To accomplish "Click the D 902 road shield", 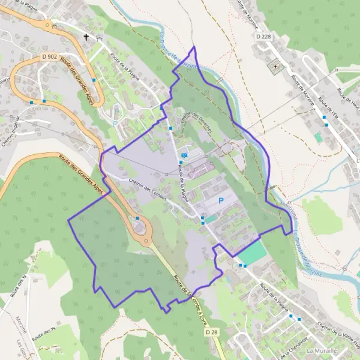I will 50,56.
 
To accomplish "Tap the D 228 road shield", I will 263,37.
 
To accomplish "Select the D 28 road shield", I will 210,332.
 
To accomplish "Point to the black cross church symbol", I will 86,37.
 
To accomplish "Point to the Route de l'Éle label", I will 328,108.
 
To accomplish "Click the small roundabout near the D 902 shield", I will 46,25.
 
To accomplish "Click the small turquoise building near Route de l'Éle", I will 318,137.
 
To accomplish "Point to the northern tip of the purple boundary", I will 194,46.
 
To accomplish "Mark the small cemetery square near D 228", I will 276,67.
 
